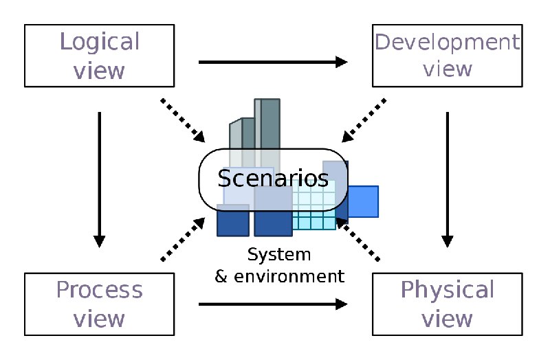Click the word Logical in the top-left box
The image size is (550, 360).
pyautogui.click(x=100, y=43)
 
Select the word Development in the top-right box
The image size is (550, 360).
pyautogui.click(x=448, y=43)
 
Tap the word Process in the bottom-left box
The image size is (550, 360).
pyautogui.click(x=100, y=290)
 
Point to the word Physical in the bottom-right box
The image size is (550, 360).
pyautogui.click(x=448, y=291)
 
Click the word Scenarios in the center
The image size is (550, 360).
pyautogui.click(x=273, y=178)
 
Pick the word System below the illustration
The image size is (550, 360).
pyautogui.click(x=279, y=255)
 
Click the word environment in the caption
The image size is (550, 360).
pyautogui.click(x=289, y=277)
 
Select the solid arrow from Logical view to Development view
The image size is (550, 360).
pyautogui.click(x=273, y=62)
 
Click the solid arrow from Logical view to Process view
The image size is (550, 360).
pyautogui.click(x=100, y=180)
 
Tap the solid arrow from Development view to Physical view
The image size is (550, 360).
pyautogui.click(x=448, y=180)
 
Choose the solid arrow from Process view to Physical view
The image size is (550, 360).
pyautogui.click(x=273, y=304)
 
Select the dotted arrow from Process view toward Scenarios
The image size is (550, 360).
pyautogui.click(x=183, y=239)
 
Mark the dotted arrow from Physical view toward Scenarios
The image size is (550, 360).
pyautogui.click(x=357, y=239)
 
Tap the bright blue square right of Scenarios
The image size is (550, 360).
pyautogui.click(x=363, y=201)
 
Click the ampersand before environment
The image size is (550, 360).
pyautogui.click(x=221, y=277)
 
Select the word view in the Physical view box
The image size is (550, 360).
pyautogui.click(x=447, y=319)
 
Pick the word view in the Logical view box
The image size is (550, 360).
pyautogui.click(x=99, y=71)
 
